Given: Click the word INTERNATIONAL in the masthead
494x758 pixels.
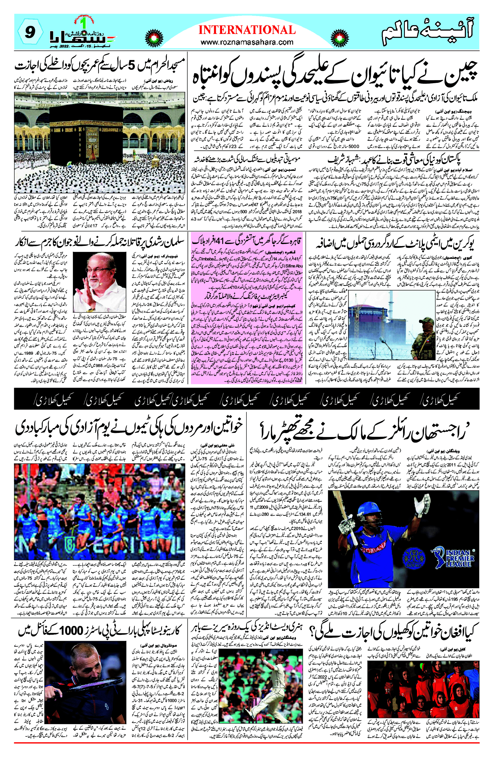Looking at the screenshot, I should [247, 30].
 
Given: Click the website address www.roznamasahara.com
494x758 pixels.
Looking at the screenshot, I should [247, 42].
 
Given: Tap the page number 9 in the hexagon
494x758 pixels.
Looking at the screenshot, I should [30, 33].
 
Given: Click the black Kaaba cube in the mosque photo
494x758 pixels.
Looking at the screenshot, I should [86, 124].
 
